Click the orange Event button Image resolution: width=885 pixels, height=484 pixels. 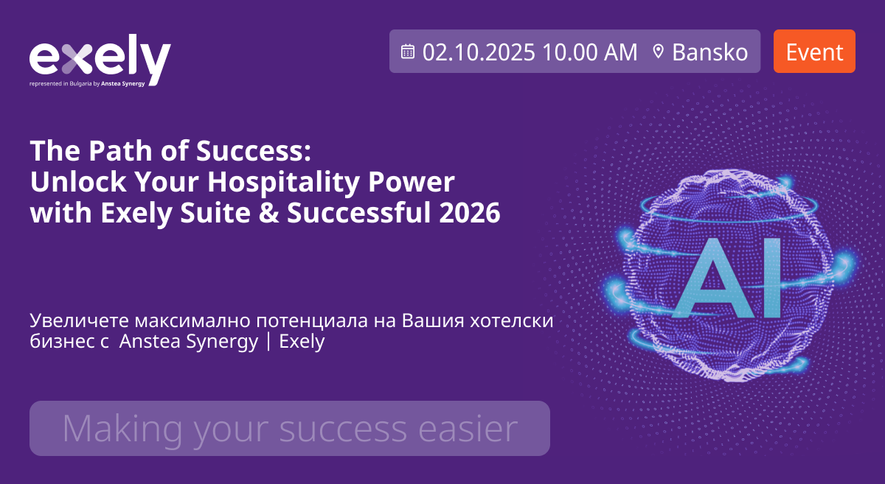pos(814,52)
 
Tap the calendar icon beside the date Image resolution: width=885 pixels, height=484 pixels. pos(408,52)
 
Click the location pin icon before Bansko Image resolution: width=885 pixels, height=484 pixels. pos(658,52)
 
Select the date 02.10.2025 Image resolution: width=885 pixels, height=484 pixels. pos(479,52)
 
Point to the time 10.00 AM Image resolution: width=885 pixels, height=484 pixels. pos(590,52)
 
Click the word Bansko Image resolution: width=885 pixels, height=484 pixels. pos(710,52)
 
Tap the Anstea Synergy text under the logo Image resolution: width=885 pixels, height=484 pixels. pos(123,84)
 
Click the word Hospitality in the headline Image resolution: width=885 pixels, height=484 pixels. pos(283,183)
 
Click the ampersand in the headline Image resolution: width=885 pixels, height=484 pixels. pos(268,213)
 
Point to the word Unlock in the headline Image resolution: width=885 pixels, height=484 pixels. pos(78,182)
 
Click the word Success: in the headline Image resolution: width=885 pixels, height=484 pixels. pos(254,151)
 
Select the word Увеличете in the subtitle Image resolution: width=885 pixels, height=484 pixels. pos(80,320)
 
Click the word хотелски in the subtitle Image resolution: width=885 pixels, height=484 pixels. pos(512,320)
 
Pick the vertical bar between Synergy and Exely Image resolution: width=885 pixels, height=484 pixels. pos(268,342)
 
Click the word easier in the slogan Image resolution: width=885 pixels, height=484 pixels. pos(468,429)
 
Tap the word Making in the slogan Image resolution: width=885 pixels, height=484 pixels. pos(122,430)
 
